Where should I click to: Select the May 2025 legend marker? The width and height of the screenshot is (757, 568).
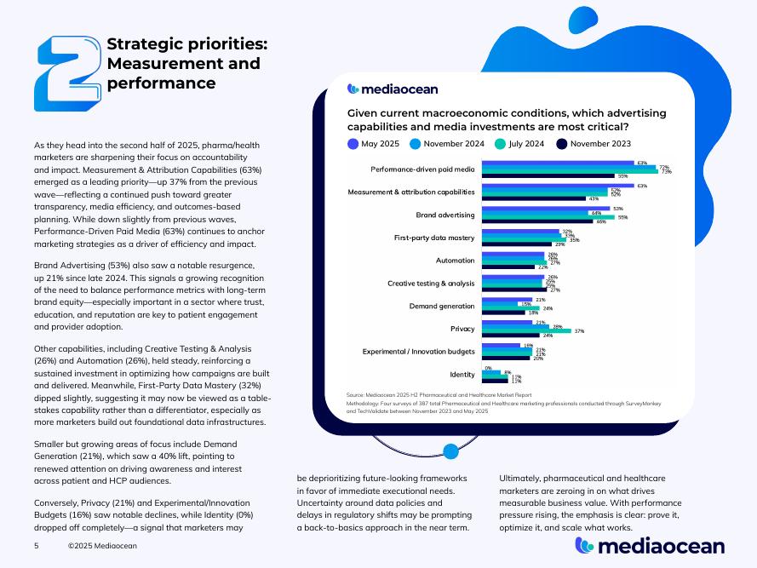click(353, 143)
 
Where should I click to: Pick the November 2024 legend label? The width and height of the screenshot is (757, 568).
click(454, 143)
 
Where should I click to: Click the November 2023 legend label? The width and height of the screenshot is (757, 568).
click(600, 143)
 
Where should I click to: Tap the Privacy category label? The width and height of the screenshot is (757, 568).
click(462, 329)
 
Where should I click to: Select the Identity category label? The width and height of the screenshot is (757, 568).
click(462, 375)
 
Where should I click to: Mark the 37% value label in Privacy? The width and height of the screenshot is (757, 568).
click(579, 330)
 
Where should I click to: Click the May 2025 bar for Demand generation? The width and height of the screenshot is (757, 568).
click(507, 299)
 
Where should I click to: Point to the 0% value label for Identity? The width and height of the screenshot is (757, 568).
click(487, 368)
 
